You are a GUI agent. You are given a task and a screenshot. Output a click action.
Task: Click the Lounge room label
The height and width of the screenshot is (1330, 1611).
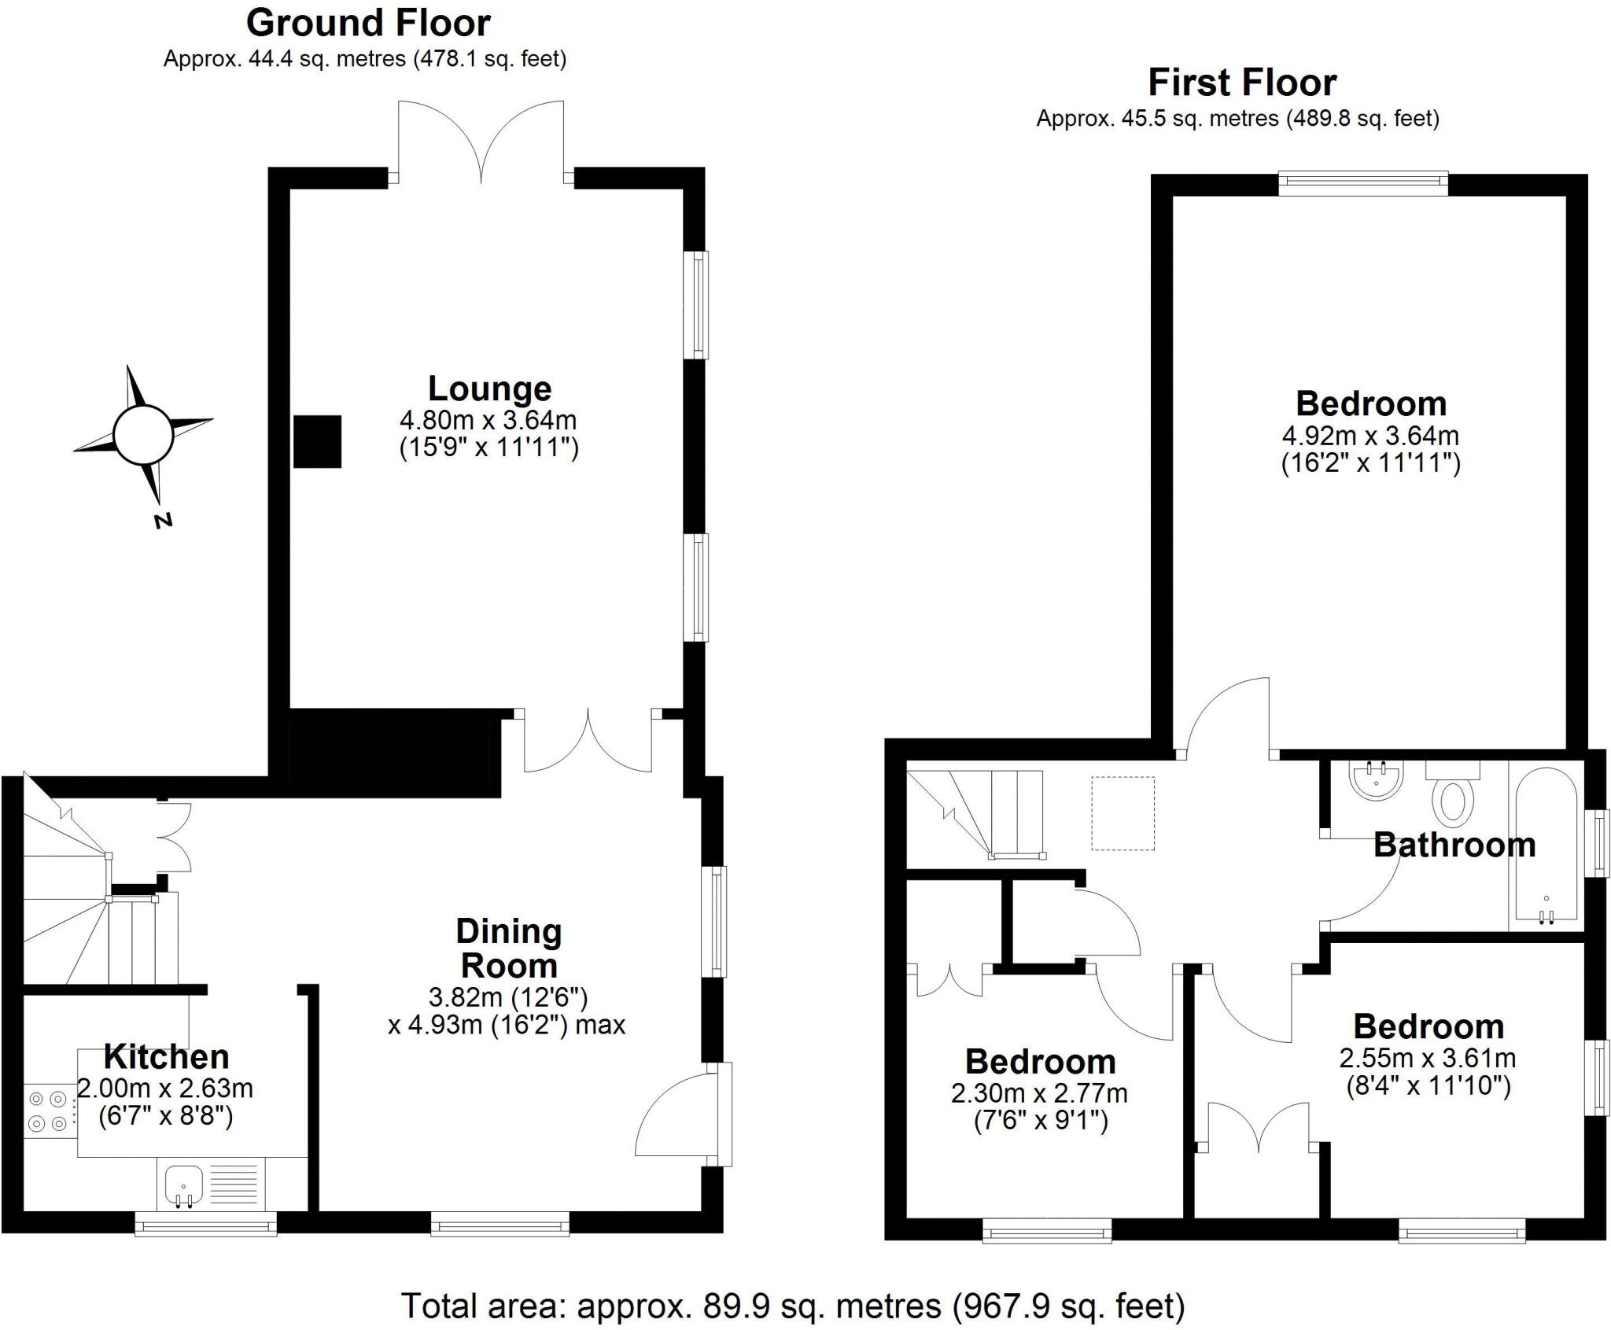click(x=489, y=389)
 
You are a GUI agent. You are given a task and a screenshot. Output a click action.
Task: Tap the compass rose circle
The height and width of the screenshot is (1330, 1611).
click(x=142, y=435)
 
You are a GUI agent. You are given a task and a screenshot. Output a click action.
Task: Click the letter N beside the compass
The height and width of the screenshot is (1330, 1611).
click(x=163, y=520)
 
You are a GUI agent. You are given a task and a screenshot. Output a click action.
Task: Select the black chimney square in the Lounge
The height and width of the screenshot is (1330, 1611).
click(x=317, y=441)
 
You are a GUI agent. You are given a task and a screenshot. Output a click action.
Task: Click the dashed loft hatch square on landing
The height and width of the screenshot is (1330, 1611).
click(x=1123, y=813)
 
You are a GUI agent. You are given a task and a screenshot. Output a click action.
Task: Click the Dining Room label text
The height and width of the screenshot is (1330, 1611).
click(x=509, y=949)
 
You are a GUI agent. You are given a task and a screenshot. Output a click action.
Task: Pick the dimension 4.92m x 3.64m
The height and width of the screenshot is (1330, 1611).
click(x=1370, y=435)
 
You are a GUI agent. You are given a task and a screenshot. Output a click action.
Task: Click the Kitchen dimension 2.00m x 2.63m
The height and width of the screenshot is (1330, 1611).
click(x=165, y=1089)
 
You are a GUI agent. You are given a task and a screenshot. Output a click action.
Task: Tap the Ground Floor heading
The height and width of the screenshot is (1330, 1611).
click(x=368, y=24)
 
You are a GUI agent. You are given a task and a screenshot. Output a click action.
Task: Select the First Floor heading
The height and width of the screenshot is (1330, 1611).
click(x=1241, y=83)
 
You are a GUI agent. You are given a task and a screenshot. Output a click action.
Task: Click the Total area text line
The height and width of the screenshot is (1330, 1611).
click(x=793, y=1306)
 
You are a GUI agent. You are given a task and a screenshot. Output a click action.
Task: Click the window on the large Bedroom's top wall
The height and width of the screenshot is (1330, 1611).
click(x=1362, y=185)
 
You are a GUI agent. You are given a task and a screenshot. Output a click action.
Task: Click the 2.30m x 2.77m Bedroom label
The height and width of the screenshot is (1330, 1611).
click(x=1039, y=1062)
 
